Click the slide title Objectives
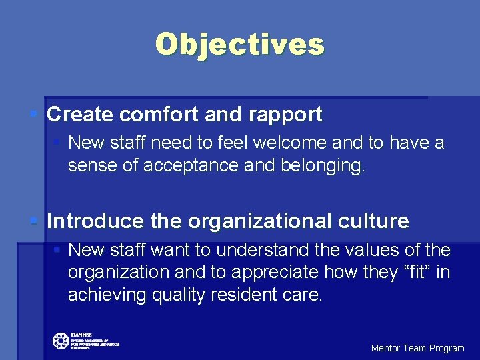pos(240,45)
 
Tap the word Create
pos(80,115)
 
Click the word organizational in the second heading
pos(265,221)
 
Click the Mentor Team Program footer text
pos(417,348)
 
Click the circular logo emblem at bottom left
pos(61,341)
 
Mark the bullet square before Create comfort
pos(34,114)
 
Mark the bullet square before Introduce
pos(34,220)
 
